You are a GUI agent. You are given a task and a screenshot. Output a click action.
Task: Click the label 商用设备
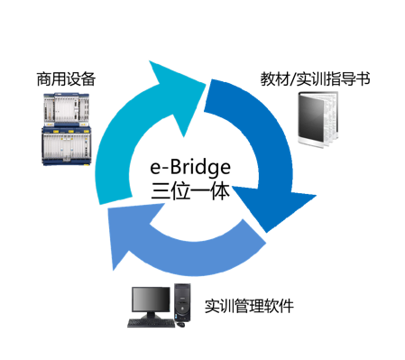tap(67, 79)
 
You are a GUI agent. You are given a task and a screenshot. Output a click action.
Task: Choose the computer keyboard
tap(152, 321)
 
